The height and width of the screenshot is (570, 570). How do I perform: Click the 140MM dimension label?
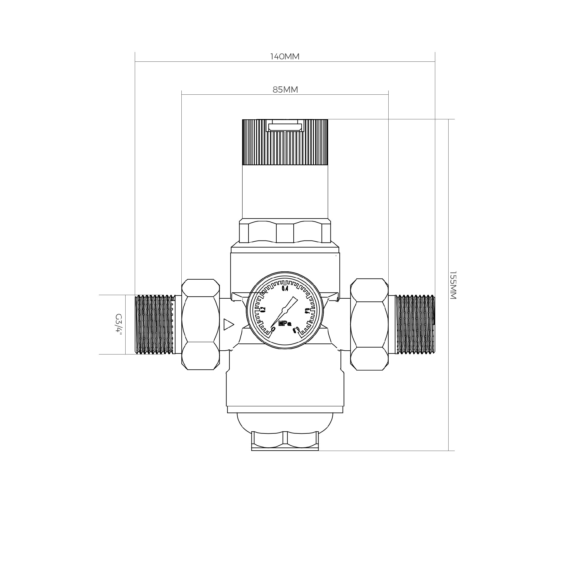tap(285, 56)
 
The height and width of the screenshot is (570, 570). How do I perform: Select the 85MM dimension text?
tap(285, 89)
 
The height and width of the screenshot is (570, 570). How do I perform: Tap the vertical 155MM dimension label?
tap(452, 285)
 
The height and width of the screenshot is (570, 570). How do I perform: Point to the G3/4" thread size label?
tap(119, 324)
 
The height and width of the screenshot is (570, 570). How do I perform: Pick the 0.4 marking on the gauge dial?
tap(285, 289)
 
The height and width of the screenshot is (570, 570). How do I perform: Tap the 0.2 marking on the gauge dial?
tap(263, 309)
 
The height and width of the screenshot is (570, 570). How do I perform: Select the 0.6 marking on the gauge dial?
tap(307, 311)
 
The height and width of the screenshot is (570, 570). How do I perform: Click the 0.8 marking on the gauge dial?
tap(296, 330)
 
